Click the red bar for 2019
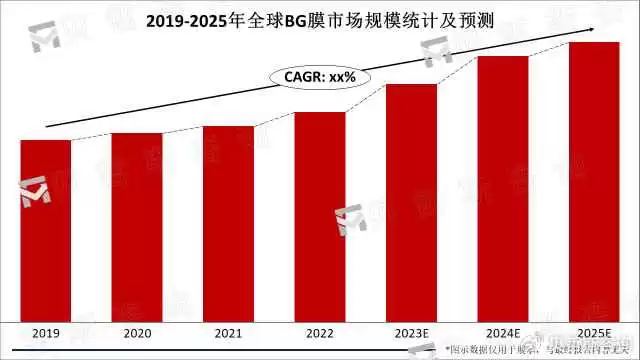click(45, 230)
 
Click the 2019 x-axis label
click(45, 333)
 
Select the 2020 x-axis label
click(137, 333)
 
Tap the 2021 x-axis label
click(228, 333)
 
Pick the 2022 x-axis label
click(320, 333)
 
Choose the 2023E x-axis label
click(411, 333)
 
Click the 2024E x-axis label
click(502, 333)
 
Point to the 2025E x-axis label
click(594, 333)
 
